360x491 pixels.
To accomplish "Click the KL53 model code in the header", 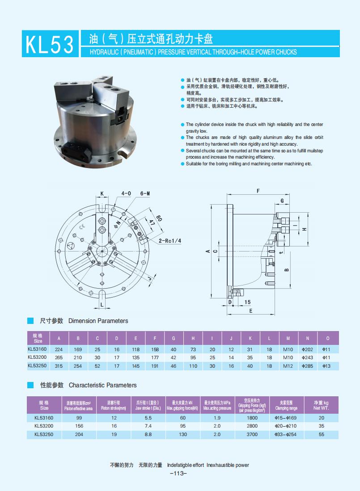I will [50, 44].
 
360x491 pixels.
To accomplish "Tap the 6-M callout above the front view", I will [145, 193].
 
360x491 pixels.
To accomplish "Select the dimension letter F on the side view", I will [258, 191].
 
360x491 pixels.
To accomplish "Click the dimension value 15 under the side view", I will [248, 302].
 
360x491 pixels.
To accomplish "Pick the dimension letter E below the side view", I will [250, 311].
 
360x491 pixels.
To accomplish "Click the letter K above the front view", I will [102, 193].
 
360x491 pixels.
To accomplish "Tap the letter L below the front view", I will [102, 305].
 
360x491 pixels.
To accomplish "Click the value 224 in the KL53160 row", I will [59, 349].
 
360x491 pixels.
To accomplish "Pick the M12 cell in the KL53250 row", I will [288, 366].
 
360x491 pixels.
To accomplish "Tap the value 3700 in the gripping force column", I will [252, 434].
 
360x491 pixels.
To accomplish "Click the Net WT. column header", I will [321, 405].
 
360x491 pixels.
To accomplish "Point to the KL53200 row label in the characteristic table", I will [44, 426].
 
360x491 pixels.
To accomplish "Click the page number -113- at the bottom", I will [179, 474].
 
